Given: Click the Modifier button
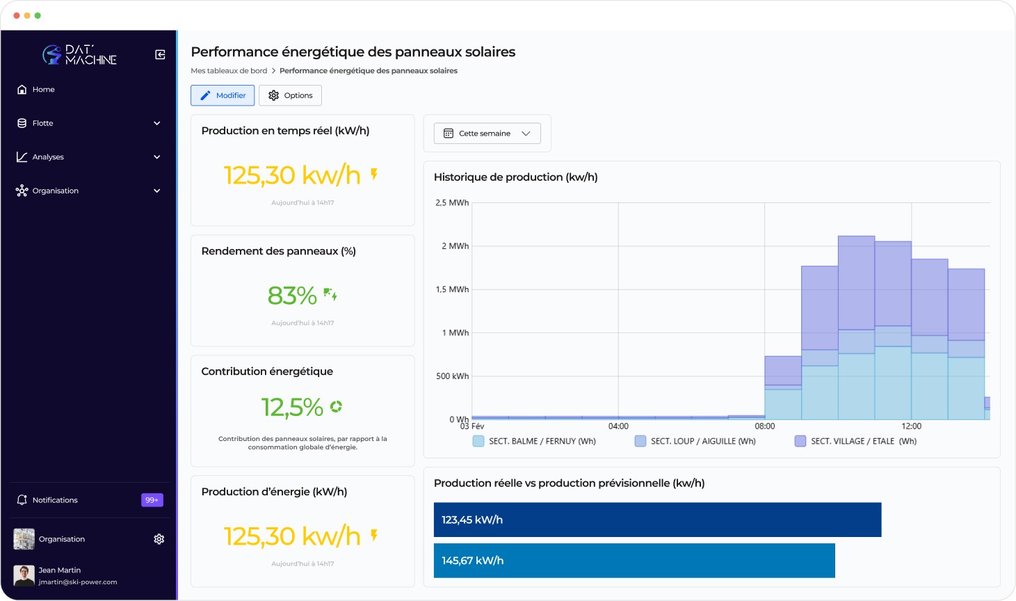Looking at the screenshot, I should click(x=223, y=95).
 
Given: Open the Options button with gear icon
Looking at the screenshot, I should click(x=290, y=95).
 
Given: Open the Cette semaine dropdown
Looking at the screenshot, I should click(x=487, y=134).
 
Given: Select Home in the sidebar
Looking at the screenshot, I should click(x=43, y=90).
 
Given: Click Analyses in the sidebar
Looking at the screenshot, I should click(x=48, y=157).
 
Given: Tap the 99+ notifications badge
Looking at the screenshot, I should click(x=152, y=500).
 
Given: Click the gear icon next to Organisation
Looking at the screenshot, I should click(x=159, y=539).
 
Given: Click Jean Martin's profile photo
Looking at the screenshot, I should click(x=24, y=575).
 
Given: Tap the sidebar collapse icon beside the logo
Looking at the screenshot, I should click(x=160, y=55).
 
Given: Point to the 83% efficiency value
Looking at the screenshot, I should click(x=293, y=296).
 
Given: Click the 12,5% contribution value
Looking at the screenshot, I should click(x=292, y=407).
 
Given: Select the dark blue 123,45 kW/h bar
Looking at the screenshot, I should click(x=657, y=520).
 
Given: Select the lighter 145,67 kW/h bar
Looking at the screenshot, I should click(x=634, y=561).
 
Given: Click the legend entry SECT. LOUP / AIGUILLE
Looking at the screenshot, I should click(x=702, y=441).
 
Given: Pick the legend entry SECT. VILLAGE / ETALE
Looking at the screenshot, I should click(x=862, y=441).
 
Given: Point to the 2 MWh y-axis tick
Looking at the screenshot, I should click(x=455, y=246).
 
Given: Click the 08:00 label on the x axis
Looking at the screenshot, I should click(x=764, y=426).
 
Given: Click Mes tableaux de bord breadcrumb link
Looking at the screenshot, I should click(x=229, y=71).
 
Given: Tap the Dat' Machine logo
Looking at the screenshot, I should click(x=80, y=55).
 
